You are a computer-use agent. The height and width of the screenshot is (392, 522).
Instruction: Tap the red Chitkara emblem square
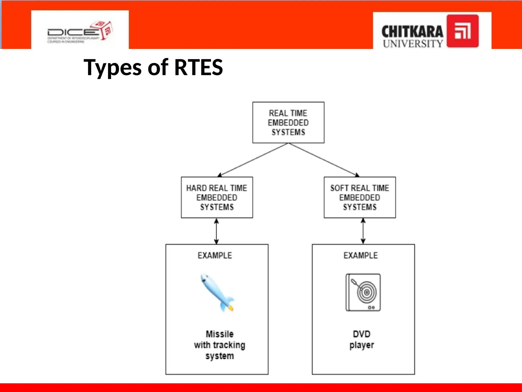tap(462, 31)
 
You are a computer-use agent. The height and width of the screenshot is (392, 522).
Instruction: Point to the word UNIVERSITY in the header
tap(413, 44)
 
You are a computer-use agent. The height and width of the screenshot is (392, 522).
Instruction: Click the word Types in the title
tap(112, 67)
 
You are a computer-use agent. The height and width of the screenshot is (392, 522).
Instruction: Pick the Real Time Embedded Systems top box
tap(288, 122)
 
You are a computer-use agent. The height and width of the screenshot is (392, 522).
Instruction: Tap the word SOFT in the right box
tap(339, 188)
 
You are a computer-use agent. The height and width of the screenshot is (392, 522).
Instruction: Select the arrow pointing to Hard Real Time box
tap(252, 160)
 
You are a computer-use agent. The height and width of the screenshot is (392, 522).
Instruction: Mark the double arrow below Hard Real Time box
tap(216, 231)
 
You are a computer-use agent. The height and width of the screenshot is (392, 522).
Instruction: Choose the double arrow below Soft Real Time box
tap(363, 231)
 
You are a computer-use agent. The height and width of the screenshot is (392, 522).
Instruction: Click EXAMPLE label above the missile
tap(215, 255)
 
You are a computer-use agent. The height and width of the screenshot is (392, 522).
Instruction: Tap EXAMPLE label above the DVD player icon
tap(360, 255)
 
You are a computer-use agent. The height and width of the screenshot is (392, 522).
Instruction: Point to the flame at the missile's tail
tap(231, 309)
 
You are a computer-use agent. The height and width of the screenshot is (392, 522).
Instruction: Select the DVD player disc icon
tap(363, 292)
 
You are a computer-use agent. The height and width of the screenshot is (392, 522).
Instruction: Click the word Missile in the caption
tap(219, 334)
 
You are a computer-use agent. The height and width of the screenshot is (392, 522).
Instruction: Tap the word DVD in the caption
tap(361, 334)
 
